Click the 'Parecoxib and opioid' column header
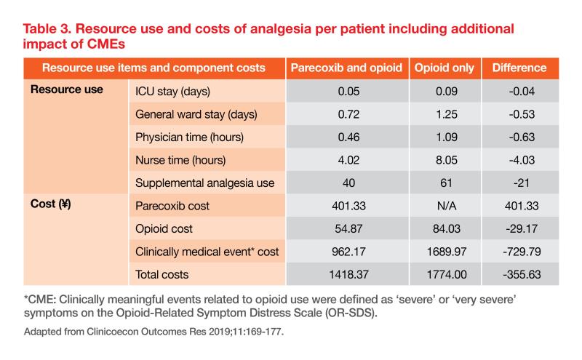tap(346, 68)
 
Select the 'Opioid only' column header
tap(444, 68)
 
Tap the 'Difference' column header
tap(519, 68)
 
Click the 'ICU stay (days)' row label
tap(180, 91)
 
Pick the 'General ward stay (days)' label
tap(196, 114)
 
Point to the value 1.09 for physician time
tap(444, 137)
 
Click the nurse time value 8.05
tap(444, 160)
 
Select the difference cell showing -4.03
tap(519, 160)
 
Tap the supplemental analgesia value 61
tap(444, 183)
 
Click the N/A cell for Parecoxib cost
tap(444, 206)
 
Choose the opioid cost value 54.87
tap(346, 229)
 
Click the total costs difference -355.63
tap(519, 275)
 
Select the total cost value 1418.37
tap(346, 275)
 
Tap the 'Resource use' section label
tap(66, 90)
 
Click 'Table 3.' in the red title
tap(48, 30)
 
